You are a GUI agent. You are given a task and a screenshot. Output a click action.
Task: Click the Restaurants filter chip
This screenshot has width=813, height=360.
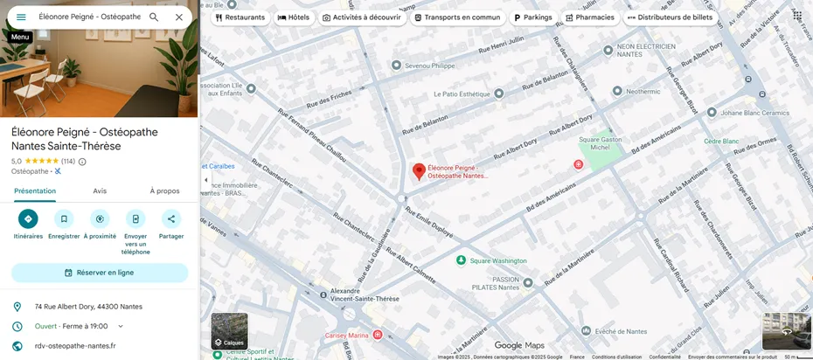240,17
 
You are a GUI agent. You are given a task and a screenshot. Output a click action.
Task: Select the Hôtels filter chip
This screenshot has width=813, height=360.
294,17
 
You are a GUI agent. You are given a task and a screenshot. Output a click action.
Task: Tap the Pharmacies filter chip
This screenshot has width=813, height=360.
590,17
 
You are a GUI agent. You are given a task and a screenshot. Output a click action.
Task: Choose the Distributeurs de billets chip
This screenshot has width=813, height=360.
670,17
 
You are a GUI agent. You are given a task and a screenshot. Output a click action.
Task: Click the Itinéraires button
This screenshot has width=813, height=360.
28,219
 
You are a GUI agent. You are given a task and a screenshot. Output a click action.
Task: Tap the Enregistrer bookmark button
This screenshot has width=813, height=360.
64,219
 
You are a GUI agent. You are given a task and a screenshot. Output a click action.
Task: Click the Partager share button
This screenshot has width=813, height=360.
171,219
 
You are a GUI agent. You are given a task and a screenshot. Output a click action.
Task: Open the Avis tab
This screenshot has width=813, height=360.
100,190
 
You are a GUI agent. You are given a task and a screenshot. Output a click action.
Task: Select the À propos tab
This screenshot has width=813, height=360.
164,190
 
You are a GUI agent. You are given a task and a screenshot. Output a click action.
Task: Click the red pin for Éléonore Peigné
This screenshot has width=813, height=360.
419,170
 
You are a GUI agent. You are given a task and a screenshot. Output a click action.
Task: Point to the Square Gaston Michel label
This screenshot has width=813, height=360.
600,142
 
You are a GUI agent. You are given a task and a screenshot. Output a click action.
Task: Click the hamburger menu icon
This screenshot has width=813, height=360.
21,17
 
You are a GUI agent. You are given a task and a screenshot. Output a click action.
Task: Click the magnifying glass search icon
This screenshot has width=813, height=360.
154,17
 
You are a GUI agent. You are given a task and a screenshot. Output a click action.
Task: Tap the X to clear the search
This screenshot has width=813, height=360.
178,17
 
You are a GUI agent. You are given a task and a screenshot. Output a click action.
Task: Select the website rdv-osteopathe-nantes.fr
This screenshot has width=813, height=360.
74,346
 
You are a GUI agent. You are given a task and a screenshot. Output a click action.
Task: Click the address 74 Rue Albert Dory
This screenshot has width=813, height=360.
88,307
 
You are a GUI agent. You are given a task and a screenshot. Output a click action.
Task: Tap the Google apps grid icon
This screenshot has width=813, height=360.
797,16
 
